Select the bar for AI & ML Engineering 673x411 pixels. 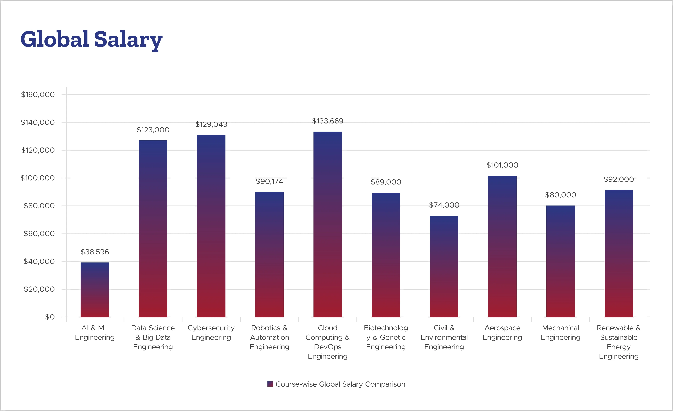[x=95, y=290]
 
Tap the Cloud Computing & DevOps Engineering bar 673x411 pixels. [x=328, y=224]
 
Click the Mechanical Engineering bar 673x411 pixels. [x=560, y=261]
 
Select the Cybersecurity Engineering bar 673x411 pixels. [x=211, y=226]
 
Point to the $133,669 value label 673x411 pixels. [x=328, y=121]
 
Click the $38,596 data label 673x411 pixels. [x=95, y=252]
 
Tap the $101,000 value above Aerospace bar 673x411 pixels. [x=502, y=165]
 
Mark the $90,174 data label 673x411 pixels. [x=269, y=181]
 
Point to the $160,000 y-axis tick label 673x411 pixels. [x=38, y=94]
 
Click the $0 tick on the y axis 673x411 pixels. [x=50, y=317]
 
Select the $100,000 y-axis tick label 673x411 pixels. [x=38, y=178]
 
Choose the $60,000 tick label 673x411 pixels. [x=39, y=233]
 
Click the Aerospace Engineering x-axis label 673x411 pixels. [x=502, y=332]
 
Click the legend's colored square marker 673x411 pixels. [x=270, y=384]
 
